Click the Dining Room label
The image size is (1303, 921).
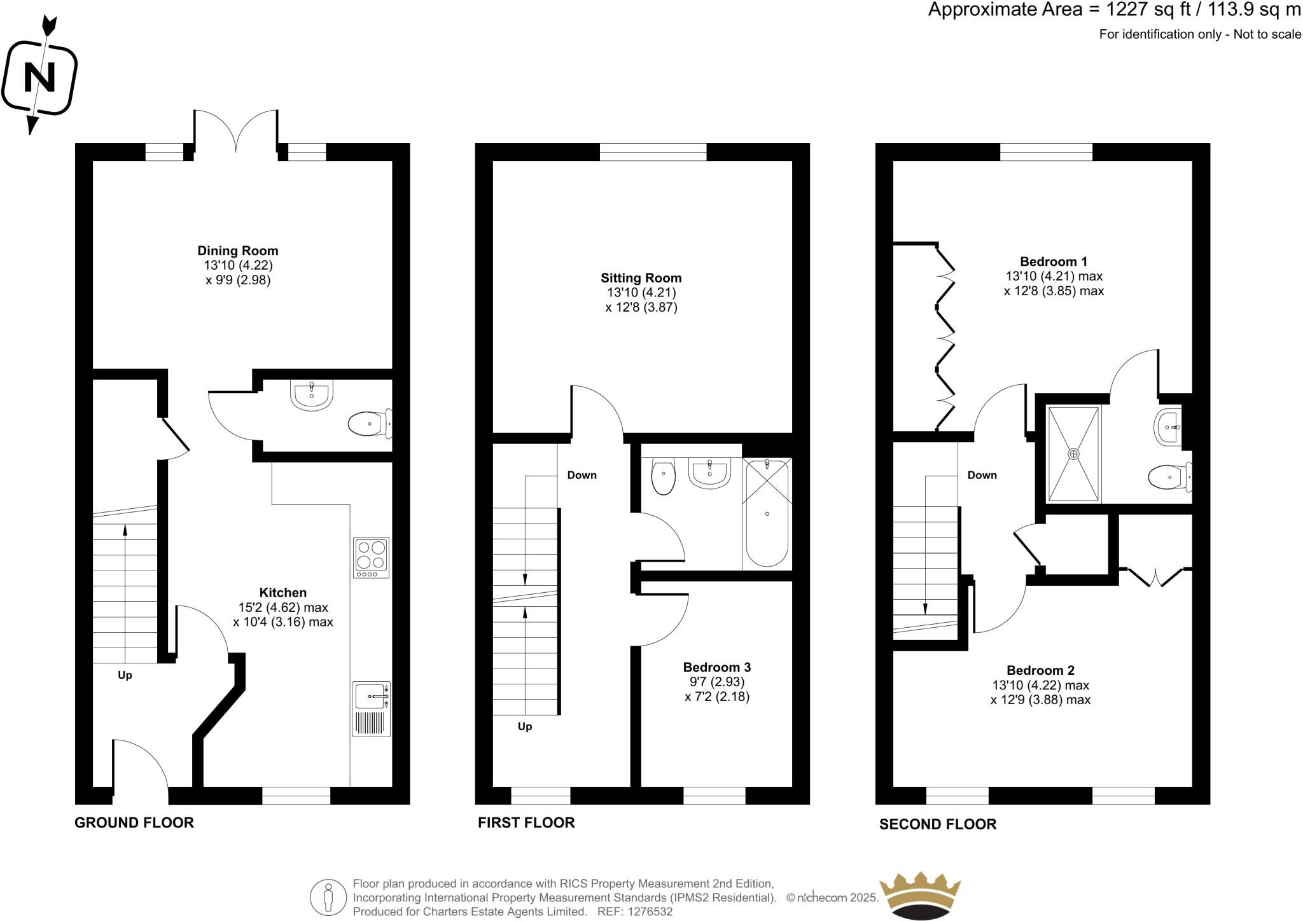pos(238,251)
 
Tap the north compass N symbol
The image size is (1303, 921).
pos(39,78)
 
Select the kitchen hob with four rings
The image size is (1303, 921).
pos(371,558)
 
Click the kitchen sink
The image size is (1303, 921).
pos(371,709)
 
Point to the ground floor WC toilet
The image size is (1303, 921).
pos(370,424)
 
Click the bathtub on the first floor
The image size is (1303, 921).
pos(767,512)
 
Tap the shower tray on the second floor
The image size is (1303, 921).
pos(1073,454)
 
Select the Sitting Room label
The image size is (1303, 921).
pos(641,278)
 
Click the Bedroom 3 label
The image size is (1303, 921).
pos(717,667)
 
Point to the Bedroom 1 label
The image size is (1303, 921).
pos(1054,261)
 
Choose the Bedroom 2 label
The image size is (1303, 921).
pos(1040,670)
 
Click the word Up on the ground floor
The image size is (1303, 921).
pos(125,675)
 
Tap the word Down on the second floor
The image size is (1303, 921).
pos(982,475)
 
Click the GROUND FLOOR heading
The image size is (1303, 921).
pos(134,822)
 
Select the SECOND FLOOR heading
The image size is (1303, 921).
pos(938,824)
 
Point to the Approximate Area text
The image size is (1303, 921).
pos(1114,10)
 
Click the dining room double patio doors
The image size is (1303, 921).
pos(236,131)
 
